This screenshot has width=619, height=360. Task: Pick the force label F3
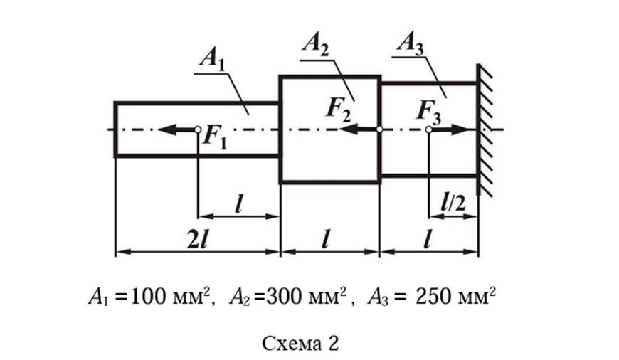(x=430, y=108)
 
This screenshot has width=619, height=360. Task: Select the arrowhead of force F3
(x=470, y=129)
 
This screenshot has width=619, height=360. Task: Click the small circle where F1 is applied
(x=198, y=129)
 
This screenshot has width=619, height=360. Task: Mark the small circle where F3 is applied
(x=428, y=129)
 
